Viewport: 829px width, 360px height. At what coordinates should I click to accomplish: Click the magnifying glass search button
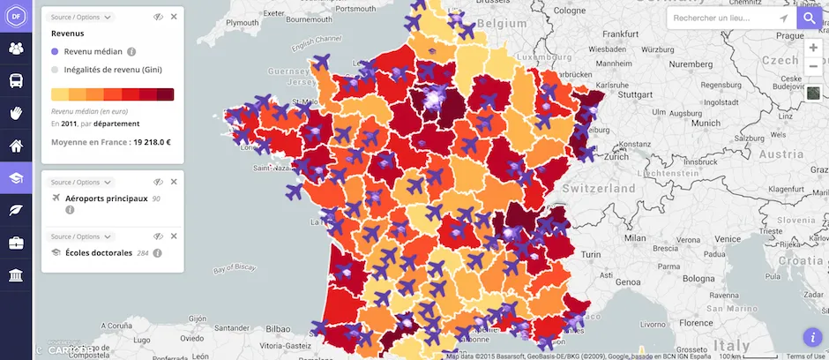click(810, 18)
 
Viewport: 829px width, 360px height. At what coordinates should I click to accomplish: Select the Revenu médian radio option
click(56, 51)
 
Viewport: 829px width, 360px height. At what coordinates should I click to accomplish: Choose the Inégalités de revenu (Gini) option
click(56, 69)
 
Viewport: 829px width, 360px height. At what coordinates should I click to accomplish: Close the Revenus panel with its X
click(174, 17)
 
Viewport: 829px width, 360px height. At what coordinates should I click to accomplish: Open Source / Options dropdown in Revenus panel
click(81, 17)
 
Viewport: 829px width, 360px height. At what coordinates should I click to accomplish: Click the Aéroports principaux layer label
click(106, 199)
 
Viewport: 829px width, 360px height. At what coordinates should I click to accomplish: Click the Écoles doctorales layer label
click(99, 252)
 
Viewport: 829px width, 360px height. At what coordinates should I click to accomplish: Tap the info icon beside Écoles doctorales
click(157, 252)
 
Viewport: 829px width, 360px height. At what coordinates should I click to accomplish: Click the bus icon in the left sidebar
click(16, 81)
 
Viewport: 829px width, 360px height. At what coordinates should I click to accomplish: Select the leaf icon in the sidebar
click(16, 211)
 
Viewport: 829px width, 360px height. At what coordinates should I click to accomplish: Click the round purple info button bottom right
click(812, 337)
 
